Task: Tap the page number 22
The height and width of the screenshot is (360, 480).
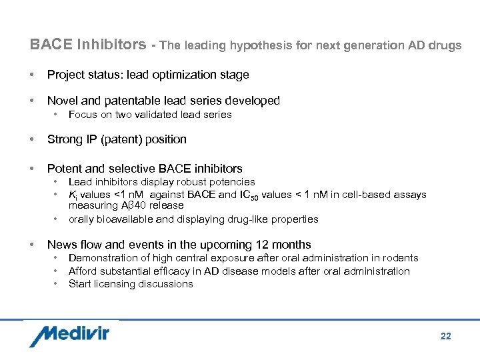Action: coord(445,336)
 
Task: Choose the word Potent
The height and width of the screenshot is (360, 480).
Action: coord(63,169)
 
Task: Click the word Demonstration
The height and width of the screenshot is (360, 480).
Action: coord(101,258)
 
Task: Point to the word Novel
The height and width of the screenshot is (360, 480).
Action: coord(62,101)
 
